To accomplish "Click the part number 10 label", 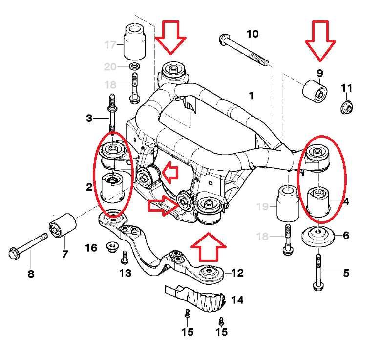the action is [253, 34].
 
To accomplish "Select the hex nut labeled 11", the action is [347, 106].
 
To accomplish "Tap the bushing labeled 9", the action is [315, 92].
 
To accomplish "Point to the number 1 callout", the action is [252, 96].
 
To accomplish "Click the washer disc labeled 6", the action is [318, 237].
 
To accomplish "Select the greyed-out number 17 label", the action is [110, 45].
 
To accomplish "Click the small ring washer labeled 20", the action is [135, 66].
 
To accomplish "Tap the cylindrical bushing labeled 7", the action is [63, 225].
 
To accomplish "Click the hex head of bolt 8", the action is [14, 254].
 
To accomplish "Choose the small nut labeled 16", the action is [112, 247].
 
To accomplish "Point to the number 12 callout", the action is [237, 273].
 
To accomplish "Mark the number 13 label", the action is [126, 273].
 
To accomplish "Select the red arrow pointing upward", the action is [209, 247].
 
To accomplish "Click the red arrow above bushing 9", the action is [320, 40].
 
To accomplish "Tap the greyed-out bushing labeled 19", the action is [288, 203].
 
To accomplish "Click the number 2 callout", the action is [89, 187].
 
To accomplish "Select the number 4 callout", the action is [346, 201].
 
